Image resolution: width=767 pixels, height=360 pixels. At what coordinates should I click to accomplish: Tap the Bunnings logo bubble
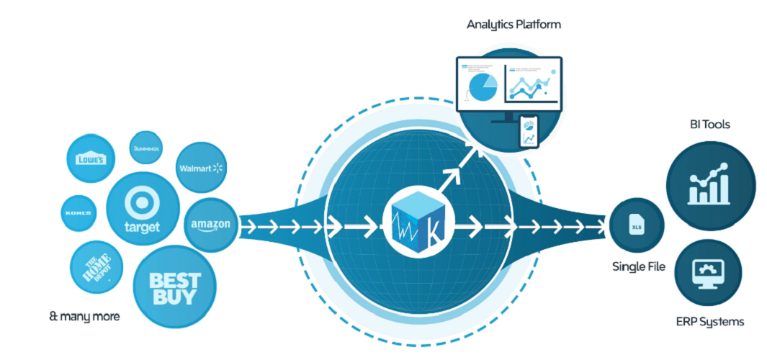(146, 148)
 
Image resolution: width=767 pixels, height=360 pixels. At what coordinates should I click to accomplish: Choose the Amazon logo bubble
(210, 225)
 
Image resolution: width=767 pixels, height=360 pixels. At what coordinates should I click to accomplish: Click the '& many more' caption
(85, 315)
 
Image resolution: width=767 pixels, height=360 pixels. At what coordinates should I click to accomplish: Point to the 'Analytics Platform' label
(513, 24)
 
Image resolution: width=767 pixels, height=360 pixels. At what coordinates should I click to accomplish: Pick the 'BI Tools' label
(709, 125)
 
